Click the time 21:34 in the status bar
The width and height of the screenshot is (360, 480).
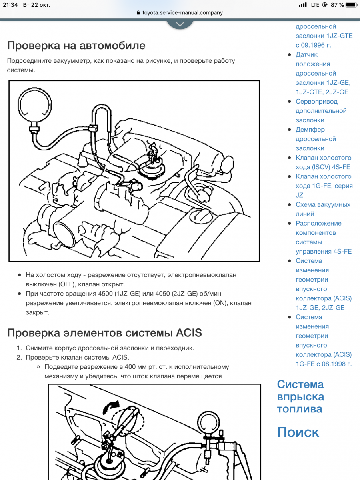click(x=10, y=5)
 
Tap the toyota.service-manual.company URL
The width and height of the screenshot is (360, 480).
click(x=182, y=12)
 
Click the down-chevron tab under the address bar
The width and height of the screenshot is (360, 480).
click(x=180, y=24)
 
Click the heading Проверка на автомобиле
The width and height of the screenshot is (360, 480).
click(x=76, y=45)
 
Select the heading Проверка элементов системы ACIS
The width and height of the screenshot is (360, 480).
click(x=104, y=333)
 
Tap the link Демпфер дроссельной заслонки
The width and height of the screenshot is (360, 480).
click(x=316, y=139)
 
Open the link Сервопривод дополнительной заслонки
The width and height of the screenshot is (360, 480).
click(x=321, y=111)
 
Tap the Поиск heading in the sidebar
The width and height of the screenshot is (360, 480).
click(x=298, y=432)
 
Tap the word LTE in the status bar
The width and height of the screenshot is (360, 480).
click(x=315, y=5)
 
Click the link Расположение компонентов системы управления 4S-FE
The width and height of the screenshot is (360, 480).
click(x=323, y=237)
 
